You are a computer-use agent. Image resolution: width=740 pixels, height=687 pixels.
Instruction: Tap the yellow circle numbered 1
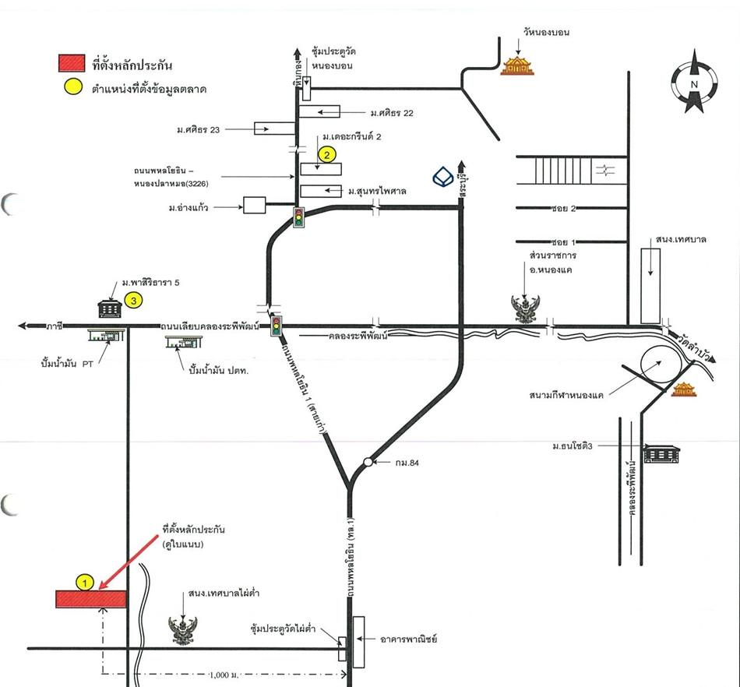85,581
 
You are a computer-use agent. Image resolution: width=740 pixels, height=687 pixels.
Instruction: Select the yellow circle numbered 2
328,155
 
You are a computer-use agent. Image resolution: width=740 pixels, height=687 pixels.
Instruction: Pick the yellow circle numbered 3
135,299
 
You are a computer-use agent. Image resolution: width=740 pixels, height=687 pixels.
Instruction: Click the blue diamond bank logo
444,177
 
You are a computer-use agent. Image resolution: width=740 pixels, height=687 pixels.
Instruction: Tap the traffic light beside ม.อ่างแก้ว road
298,217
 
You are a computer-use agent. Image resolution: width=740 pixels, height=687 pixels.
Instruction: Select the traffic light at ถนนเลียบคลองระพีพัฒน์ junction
276,326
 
